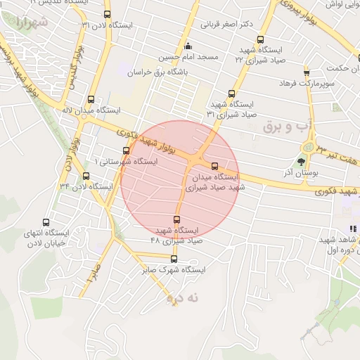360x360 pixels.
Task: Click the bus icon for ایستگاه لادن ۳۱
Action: click(107, 14)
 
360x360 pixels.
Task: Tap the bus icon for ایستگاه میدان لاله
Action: click(90, 99)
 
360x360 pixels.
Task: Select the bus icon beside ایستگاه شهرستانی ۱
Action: click(127, 150)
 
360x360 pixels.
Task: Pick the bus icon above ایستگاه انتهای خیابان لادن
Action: click(46, 222)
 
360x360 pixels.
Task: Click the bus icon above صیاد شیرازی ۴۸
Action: click(176, 219)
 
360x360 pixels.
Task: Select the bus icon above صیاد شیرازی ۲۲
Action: click(262, 40)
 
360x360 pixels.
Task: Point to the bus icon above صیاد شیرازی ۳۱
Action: click(232, 94)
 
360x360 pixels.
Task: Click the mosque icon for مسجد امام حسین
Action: click(188, 47)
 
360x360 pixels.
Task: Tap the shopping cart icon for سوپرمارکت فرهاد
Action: click(306, 72)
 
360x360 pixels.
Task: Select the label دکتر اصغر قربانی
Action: click(226, 23)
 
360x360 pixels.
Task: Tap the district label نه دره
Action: click(183, 298)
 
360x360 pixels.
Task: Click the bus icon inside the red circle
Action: click(215, 166)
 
